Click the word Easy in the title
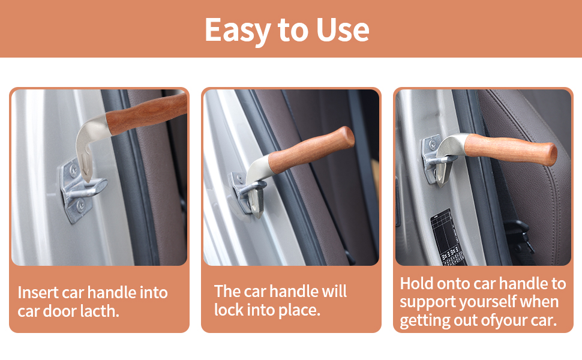[x=237, y=29]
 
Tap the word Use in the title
[x=341, y=29]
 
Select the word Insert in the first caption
[x=37, y=293]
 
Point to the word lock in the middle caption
[x=228, y=310]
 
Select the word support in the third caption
[x=427, y=302]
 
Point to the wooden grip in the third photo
[x=510, y=151]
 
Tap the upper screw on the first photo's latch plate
[x=73, y=170]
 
